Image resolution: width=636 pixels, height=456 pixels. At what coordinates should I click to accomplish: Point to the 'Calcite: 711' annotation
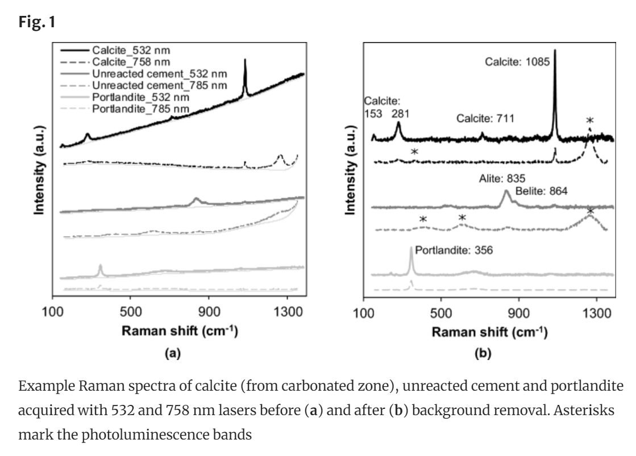(485, 118)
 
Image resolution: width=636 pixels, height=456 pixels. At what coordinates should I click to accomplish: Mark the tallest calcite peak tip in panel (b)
(555, 51)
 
